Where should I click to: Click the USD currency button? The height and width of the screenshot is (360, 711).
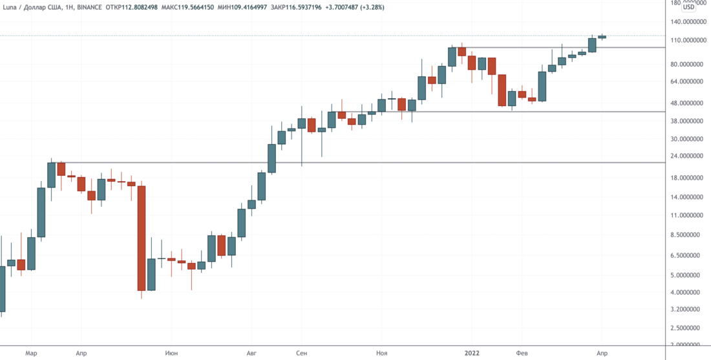click(x=689, y=8)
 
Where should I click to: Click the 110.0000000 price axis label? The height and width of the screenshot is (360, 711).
click(x=686, y=40)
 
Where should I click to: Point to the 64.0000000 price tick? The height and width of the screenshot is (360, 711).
click(x=686, y=81)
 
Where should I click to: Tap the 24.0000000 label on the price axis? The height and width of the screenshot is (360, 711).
click(x=686, y=156)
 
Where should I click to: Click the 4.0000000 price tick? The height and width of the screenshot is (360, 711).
click(x=686, y=293)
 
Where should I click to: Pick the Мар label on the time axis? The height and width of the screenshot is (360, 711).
click(x=31, y=354)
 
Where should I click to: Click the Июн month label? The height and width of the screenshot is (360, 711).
click(x=171, y=354)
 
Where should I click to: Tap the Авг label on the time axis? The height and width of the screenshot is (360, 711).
click(x=252, y=354)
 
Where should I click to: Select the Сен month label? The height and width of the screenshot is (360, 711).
click(x=301, y=354)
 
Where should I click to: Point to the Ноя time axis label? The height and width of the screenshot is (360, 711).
click(x=381, y=354)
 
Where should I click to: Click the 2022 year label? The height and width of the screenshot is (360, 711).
click(x=473, y=354)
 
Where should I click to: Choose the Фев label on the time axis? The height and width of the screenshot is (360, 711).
click(x=522, y=354)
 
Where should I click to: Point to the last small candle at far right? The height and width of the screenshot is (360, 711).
click(x=602, y=37)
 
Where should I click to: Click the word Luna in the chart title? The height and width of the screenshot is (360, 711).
click(x=10, y=7)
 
